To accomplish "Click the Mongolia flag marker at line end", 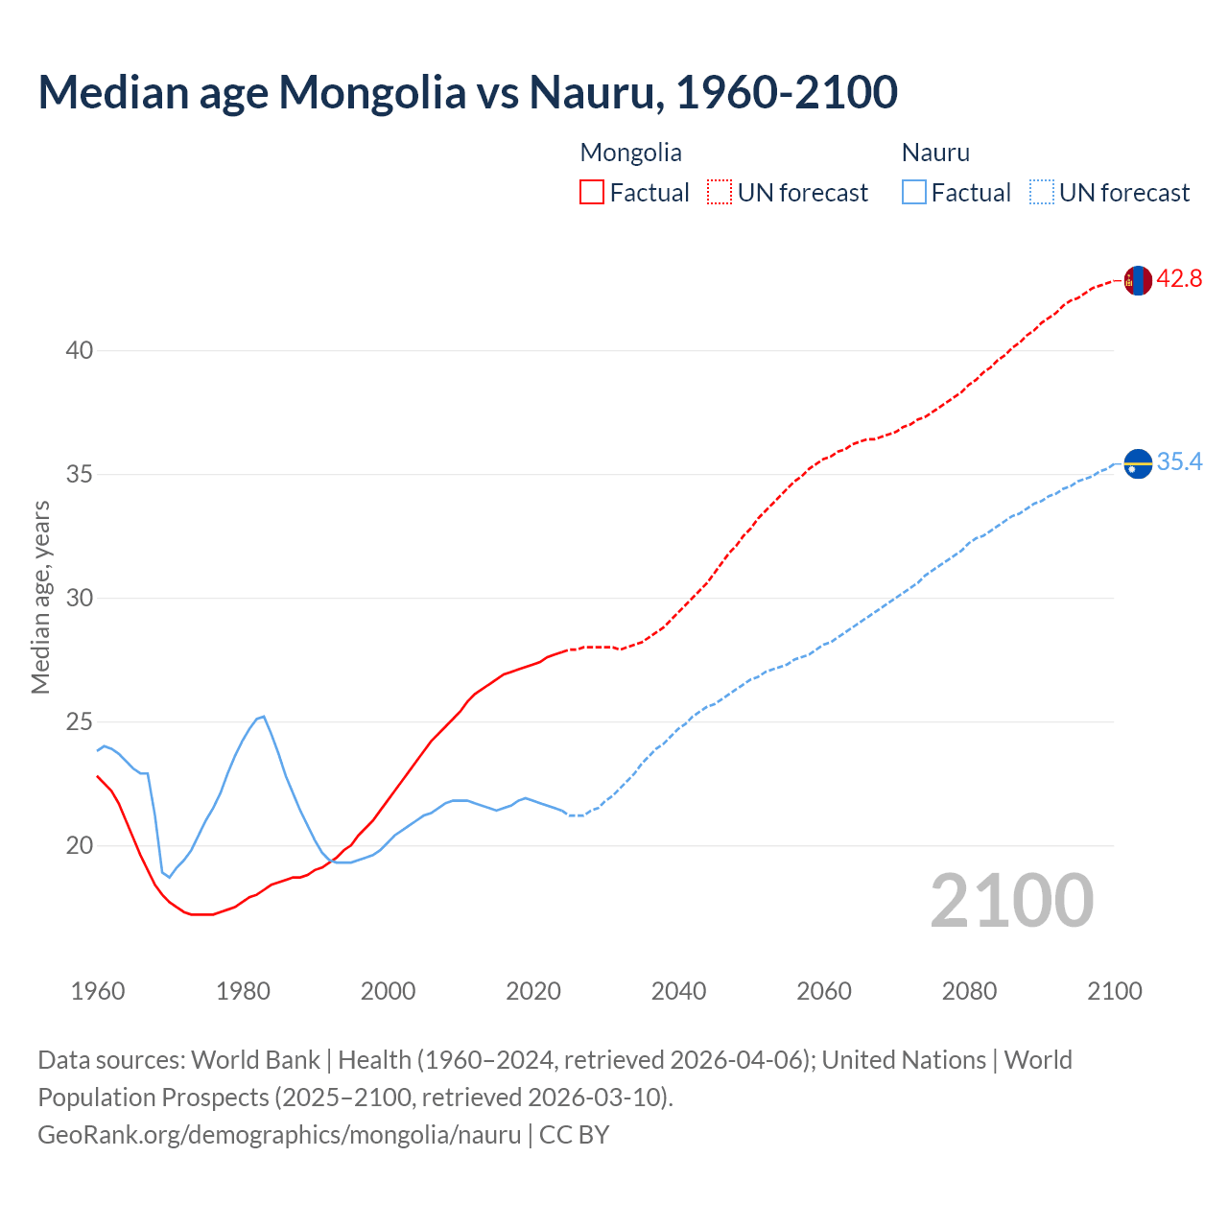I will tap(1137, 280).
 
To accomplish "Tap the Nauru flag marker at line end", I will tap(1137, 463).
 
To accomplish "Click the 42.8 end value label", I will tap(1179, 279).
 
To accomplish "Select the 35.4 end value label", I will tap(1179, 462).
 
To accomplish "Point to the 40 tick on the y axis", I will tap(80, 351).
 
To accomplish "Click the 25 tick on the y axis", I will tap(80, 722).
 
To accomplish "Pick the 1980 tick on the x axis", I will tap(243, 991).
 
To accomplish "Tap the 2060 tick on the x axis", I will tap(824, 991).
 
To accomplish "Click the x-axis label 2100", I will tap(1114, 991).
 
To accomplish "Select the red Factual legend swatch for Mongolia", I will tap(592, 193).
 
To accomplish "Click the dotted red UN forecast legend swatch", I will tap(720, 193).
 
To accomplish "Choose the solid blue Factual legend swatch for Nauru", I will tap(914, 193).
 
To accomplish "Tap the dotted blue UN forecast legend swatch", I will tap(1041, 193).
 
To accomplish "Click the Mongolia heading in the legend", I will tap(630, 153).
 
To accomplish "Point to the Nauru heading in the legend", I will tap(935, 153).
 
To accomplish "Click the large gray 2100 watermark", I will tap(1011, 901).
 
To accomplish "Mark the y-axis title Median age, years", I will tap(40, 597).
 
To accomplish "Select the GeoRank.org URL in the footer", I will tap(279, 1135).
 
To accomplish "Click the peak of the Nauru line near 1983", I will tap(264, 716).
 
